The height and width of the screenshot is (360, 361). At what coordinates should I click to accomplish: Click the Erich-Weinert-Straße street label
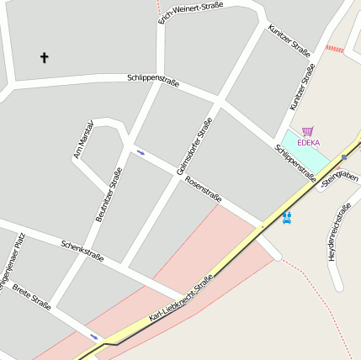pyautogui.click(x=191, y=12)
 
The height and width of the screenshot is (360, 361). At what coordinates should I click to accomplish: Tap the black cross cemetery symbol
pyautogui.click(x=45, y=57)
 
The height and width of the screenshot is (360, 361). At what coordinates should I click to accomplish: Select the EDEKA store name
pyautogui.click(x=309, y=142)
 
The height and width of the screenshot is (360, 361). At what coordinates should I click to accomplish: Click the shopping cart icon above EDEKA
pyautogui.click(x=308, y=131)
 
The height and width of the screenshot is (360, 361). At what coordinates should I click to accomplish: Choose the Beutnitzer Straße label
pyautogui.click(x=109, y=194)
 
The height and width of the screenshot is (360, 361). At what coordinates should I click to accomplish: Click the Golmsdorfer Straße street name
pyautogui.click(x=194, y=146)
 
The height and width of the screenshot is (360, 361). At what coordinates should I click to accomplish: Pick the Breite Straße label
pyautogui.click(x=31, y=296)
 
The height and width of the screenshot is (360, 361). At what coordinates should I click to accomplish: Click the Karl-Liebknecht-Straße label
pyautogui.click(x=180, y=299)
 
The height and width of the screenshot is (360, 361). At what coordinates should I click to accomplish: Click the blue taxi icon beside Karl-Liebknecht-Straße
pyautogui.click(x=287, y=217)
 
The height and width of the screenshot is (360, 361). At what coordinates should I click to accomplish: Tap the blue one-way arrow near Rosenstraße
pyautogui.click(x=140, y=152)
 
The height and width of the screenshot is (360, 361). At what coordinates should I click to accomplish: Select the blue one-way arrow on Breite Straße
pyautogui.click(x=94, y=336)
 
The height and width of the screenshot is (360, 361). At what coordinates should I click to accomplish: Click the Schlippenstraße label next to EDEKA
pyautogui.click(x=295, y=163)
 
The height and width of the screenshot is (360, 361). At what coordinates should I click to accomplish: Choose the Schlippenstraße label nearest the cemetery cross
pyautogui.click(x=153, y=80)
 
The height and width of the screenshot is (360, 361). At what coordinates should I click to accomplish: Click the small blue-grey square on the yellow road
pyautogui.click(x=344, y=156)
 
